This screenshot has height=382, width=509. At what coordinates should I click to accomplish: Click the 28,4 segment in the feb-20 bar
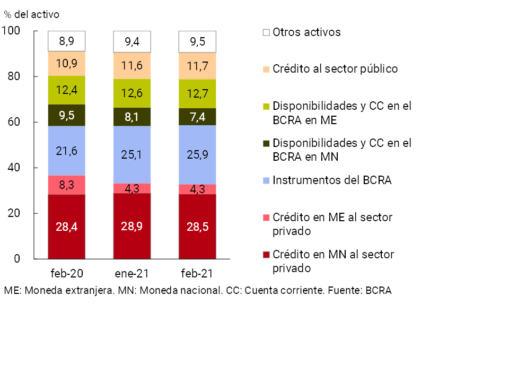pos(66,227)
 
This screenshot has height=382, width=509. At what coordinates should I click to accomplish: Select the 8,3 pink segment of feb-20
pos(66,185)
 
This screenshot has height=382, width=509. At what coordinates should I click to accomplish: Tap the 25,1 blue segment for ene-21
pos(132,154)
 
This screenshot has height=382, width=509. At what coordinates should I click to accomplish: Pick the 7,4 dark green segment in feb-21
pos(197,116)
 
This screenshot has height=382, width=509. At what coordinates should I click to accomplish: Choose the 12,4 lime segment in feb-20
pos(66,90)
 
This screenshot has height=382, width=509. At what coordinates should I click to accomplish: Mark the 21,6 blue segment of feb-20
pos(66,151)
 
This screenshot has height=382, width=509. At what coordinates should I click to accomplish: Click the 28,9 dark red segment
pos(132,226)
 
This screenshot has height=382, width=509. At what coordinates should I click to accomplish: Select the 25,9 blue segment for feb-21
pos(197,154)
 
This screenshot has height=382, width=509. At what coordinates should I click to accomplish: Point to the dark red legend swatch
pos(266,255)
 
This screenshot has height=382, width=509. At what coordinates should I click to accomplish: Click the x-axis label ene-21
pos(132,274)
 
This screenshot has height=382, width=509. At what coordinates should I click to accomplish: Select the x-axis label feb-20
pos(67,274)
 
